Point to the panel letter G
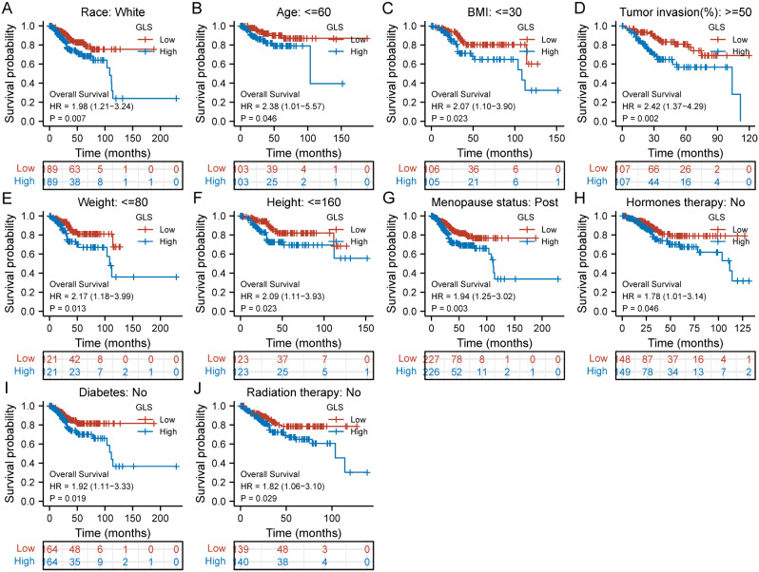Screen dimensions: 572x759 point(386,197)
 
